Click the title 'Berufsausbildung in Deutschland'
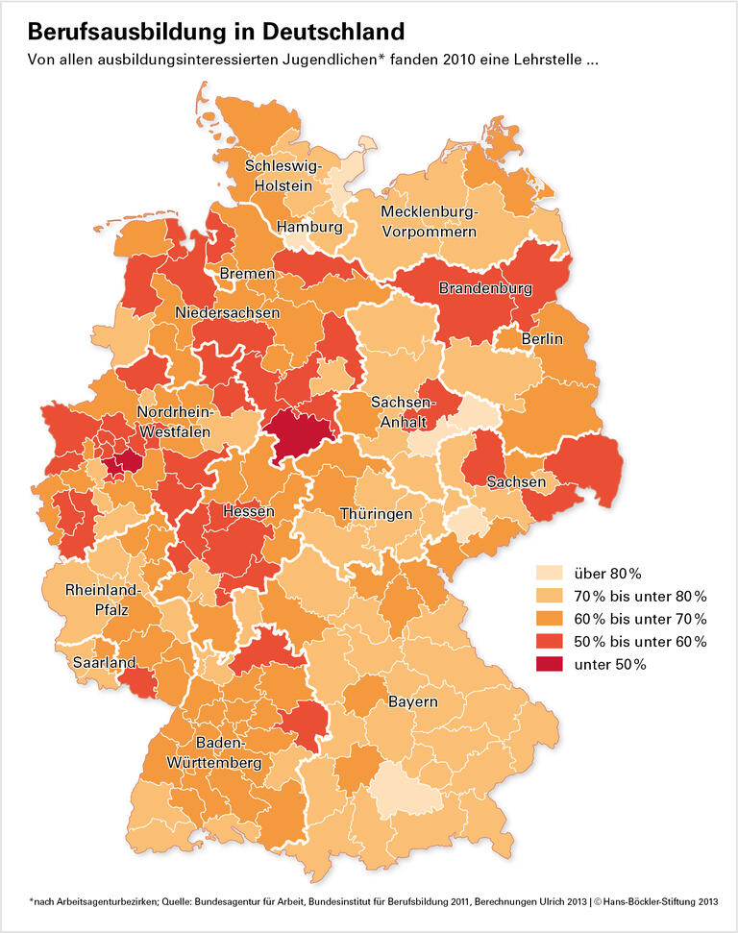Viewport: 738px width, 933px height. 216,32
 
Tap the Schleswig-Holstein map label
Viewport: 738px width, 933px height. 279,175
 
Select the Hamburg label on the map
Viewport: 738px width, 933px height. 309,228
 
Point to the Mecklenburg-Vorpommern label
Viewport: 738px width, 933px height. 429,221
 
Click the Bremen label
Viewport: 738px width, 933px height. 247,275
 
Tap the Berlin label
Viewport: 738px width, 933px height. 542,339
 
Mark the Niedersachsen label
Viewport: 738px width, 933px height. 228,313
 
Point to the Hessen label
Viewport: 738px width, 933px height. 249,511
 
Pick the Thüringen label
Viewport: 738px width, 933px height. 376,514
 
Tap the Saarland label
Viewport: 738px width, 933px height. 104,662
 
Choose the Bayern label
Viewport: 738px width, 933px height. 413,701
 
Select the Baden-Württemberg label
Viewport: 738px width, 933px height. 228,752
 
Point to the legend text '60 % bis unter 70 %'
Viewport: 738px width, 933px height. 639,619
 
